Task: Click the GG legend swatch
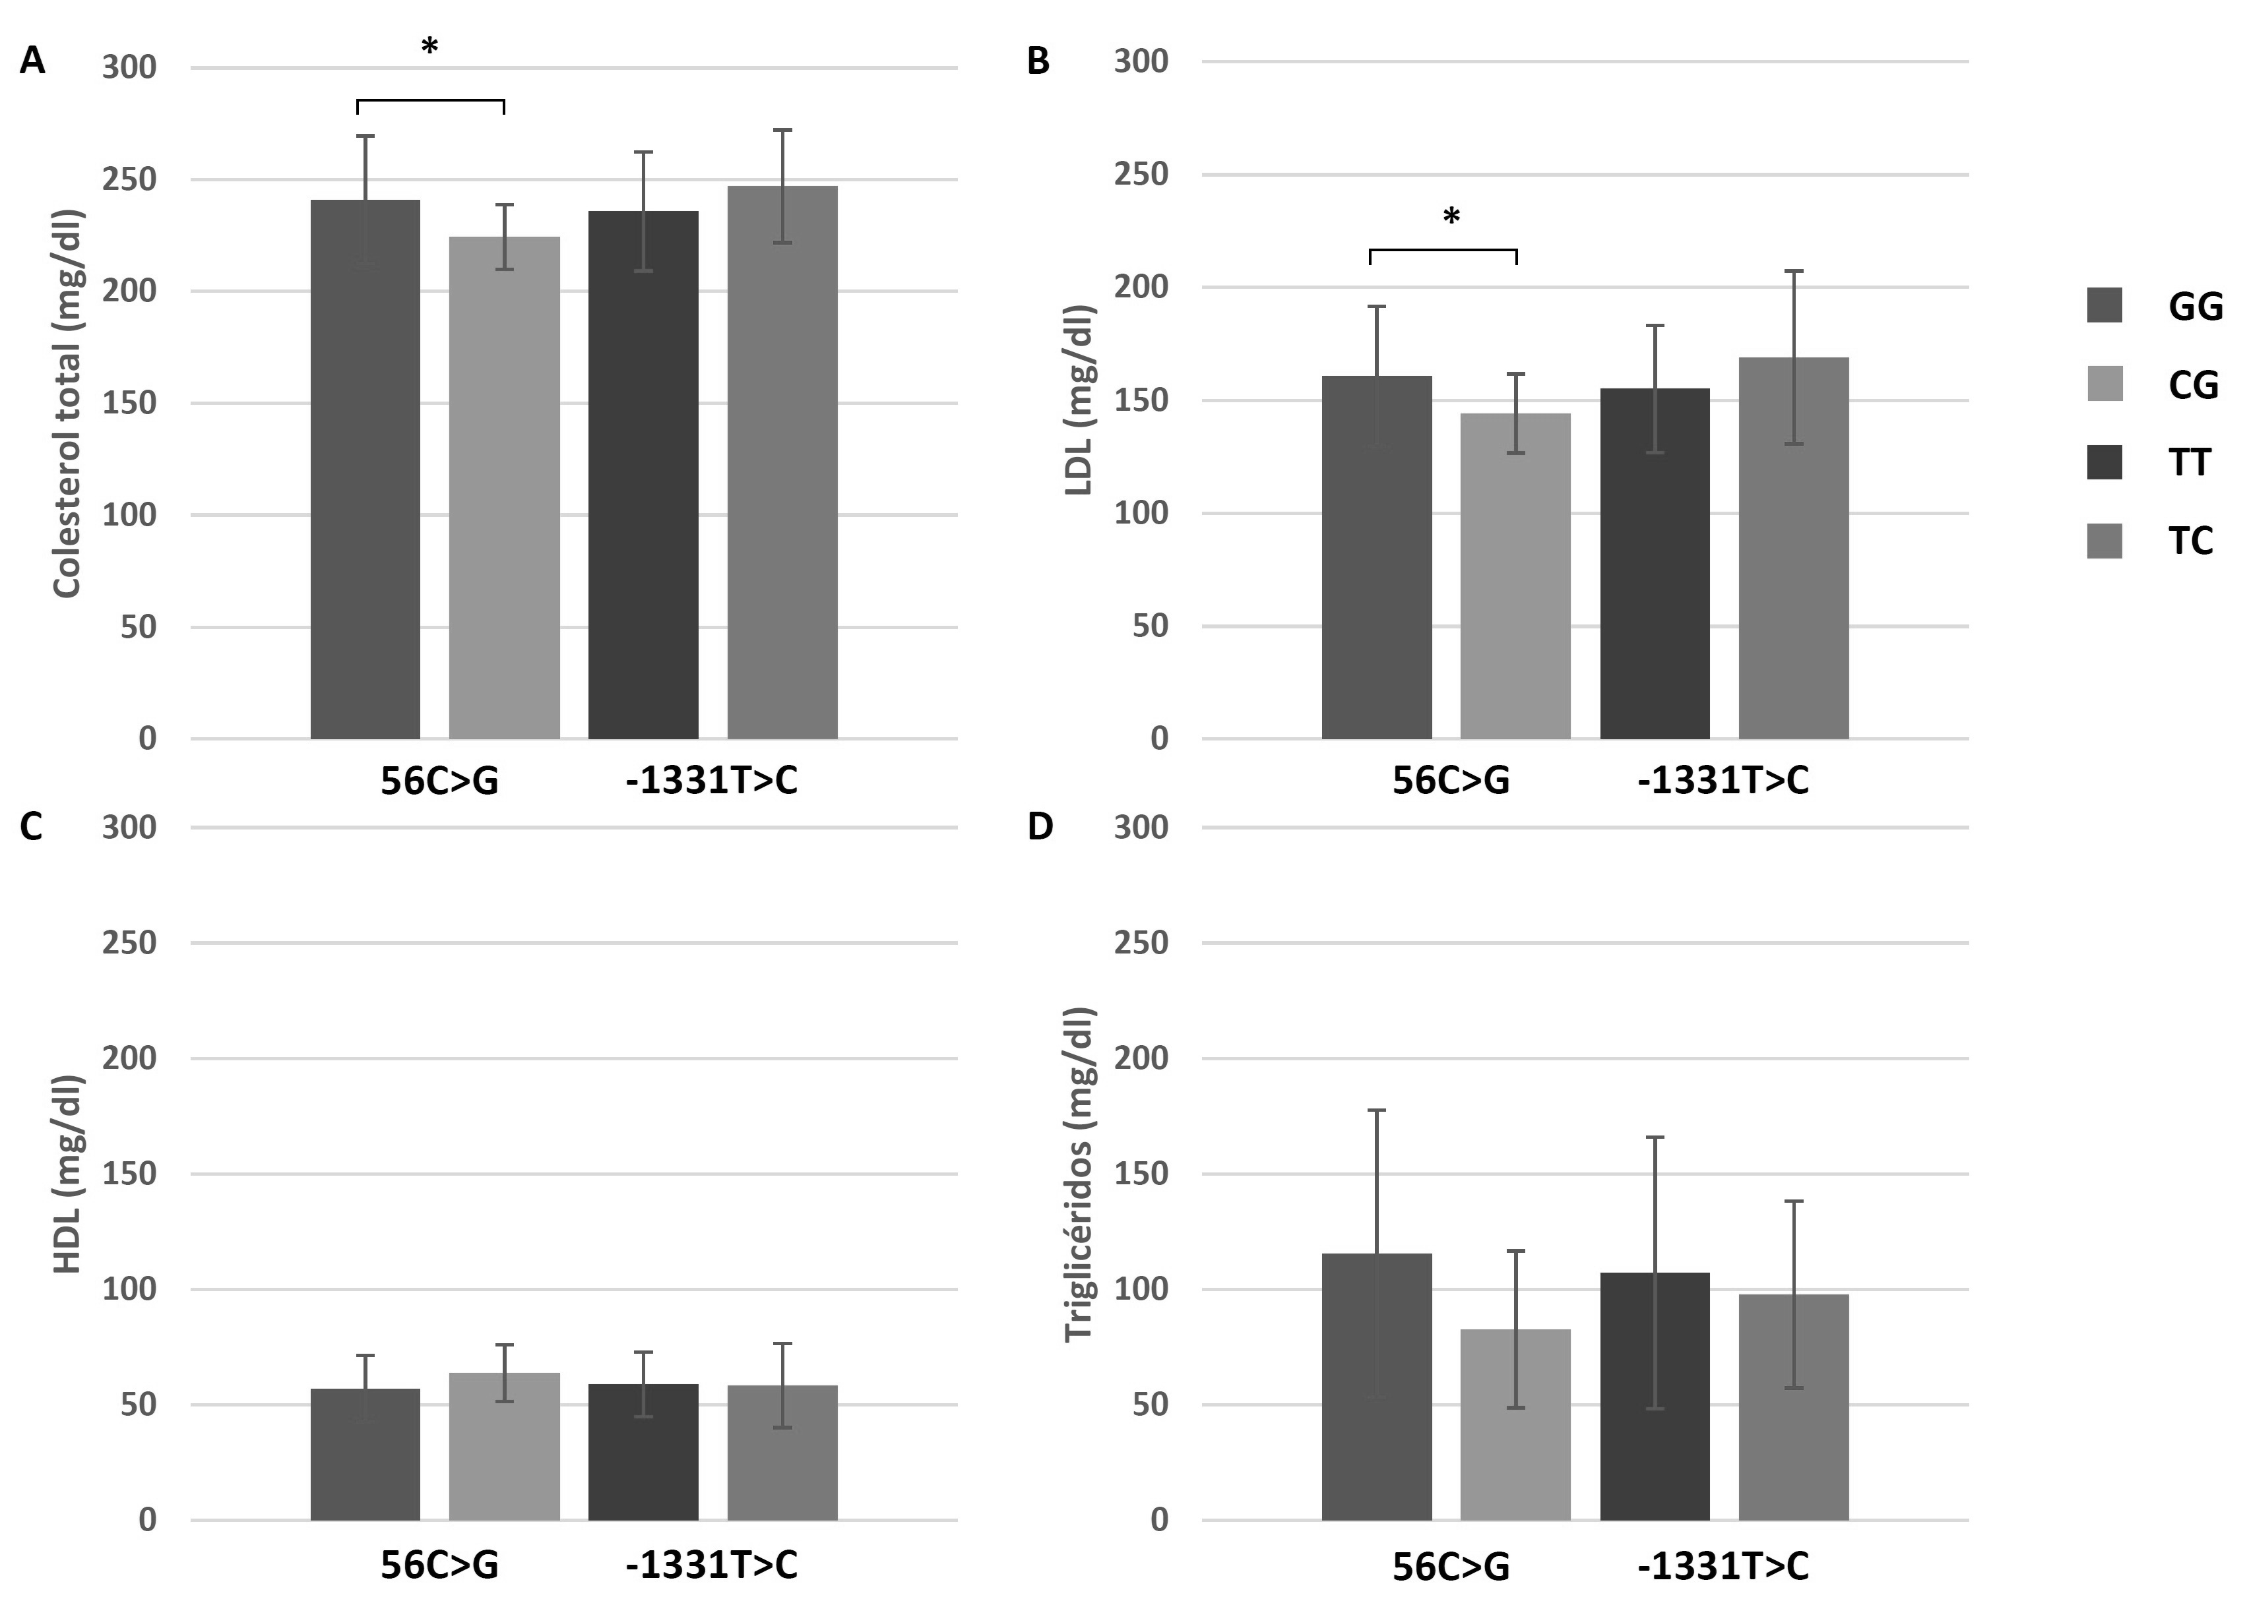(2104, 305)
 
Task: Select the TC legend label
(2191, 541)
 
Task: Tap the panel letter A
(32, 61)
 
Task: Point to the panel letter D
(1040, 827)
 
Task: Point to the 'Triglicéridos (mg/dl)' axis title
(1080, 1174)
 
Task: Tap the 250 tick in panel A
(129, 179)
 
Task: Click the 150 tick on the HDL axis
(129, 1174)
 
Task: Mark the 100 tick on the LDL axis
(1141, 513)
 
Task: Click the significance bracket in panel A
(430, 101)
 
